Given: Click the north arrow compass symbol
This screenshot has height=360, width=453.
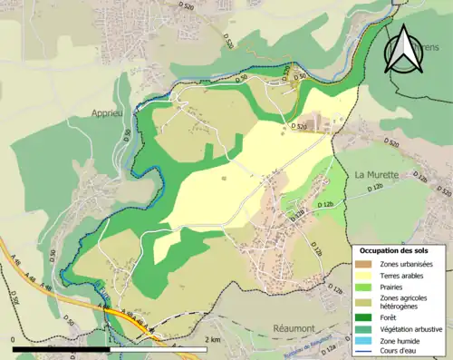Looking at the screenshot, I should (x=405, y=49).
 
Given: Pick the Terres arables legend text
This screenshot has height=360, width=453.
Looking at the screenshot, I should (x=401, y=275).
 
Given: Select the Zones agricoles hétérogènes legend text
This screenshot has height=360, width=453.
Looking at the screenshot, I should (x=404, y=303).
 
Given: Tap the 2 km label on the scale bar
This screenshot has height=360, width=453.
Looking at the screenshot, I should (x=212, y=339).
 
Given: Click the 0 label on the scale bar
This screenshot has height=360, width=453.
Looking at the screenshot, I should (x=14, y=339).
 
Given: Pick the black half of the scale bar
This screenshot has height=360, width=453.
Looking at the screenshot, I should (x=62, y=348).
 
